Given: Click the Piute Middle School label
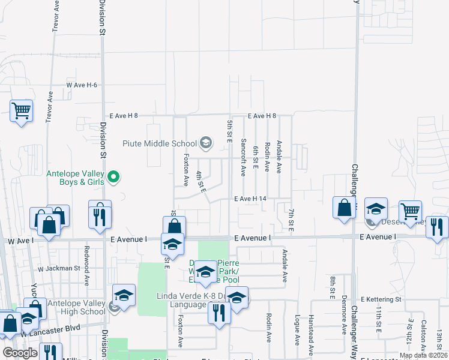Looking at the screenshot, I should point(160,143).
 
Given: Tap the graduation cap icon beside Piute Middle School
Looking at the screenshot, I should point(206,142).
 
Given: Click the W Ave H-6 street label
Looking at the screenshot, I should point(82,85).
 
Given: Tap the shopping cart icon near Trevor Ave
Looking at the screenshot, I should point(21,110).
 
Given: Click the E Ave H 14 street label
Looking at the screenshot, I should point(250,199).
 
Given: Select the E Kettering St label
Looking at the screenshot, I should point(381,299).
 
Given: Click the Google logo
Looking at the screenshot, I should point(19,353).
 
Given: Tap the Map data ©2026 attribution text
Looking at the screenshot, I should point(423,355).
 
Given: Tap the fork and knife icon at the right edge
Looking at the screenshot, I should point(438,227).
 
